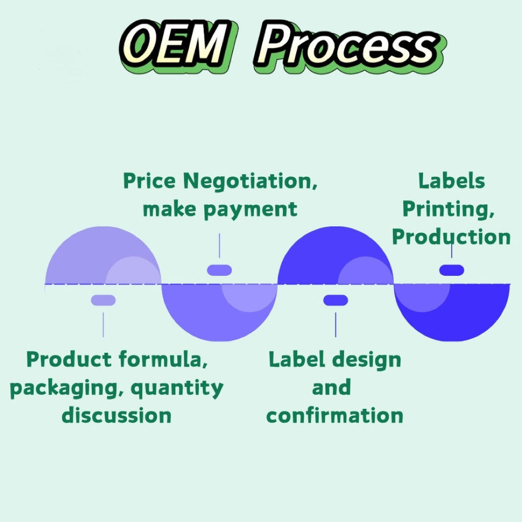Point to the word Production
pos(451,237)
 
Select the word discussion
pos(116,416)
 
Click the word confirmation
pos(335,416)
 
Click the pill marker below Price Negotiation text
pos(220,270)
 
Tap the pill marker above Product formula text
pos(103,300)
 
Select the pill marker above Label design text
pos(335,300)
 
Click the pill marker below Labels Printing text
pos(451,270)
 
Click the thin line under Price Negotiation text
pos(220,246)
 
